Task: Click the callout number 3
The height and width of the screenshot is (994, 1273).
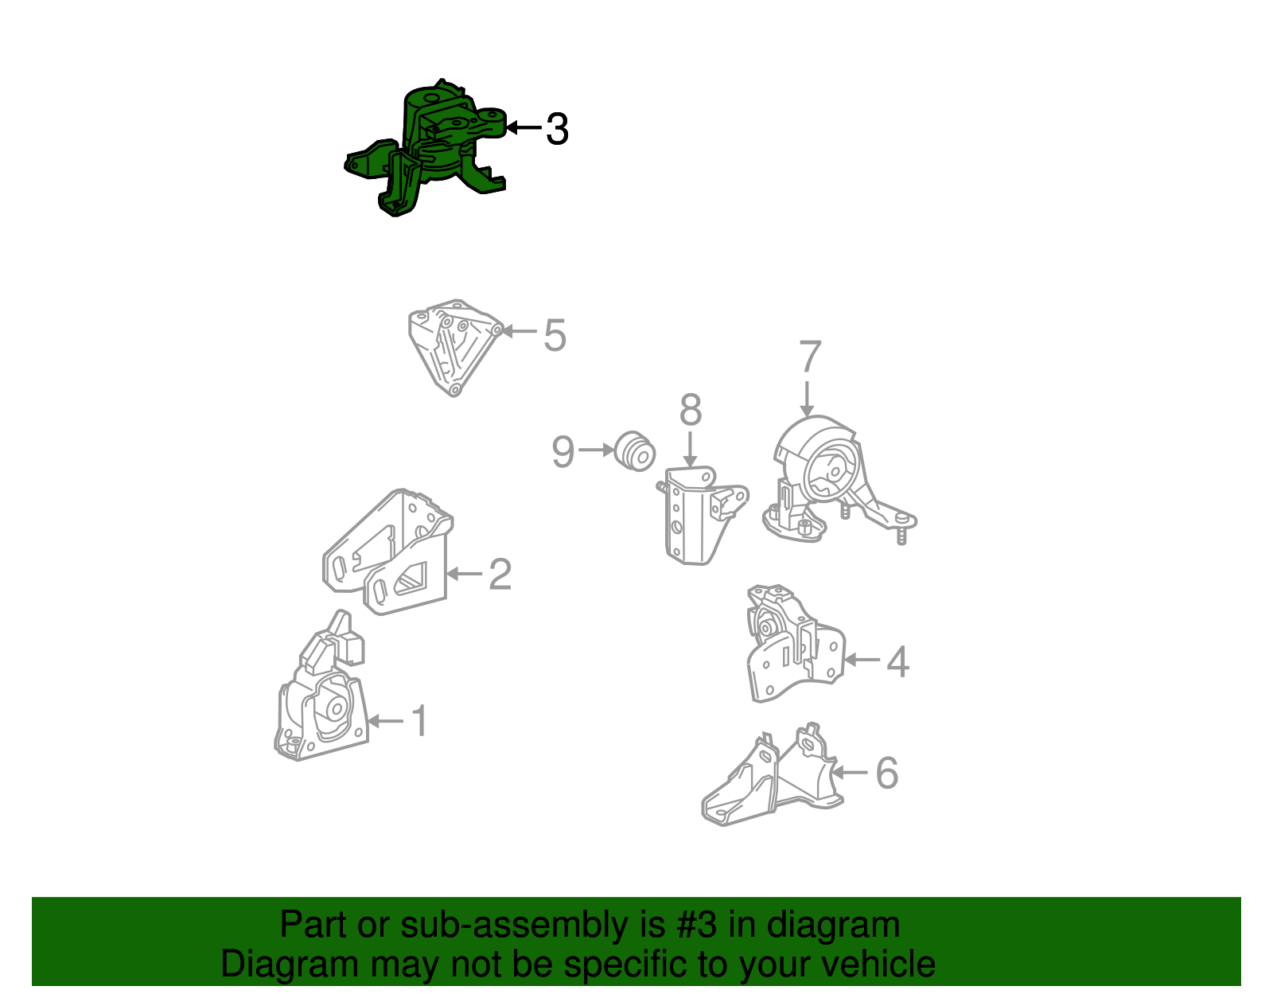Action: coord(557,129)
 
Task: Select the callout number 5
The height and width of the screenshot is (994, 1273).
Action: coord(555,335)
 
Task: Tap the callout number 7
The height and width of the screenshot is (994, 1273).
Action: coord(810,356)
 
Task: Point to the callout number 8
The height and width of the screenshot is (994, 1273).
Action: coord(691,410)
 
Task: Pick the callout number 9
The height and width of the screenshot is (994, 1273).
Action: coord(563,451)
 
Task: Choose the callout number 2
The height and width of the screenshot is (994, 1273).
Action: coord(500,574)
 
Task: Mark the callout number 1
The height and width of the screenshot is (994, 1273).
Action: coord(420,720)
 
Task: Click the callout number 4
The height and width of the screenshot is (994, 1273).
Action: coord(898,662)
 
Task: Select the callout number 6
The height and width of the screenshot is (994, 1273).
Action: coord(886,773)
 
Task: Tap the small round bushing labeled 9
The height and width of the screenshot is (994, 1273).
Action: coord(634,451)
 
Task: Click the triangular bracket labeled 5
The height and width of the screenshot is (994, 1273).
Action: coord(455,347)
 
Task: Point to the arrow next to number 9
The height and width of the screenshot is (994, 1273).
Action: coord(596,450)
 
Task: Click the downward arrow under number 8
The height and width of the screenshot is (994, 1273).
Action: coord(690,450)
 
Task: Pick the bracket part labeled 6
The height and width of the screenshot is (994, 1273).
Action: coord(773,774)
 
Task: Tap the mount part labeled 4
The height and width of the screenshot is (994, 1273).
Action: coord(796,642)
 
